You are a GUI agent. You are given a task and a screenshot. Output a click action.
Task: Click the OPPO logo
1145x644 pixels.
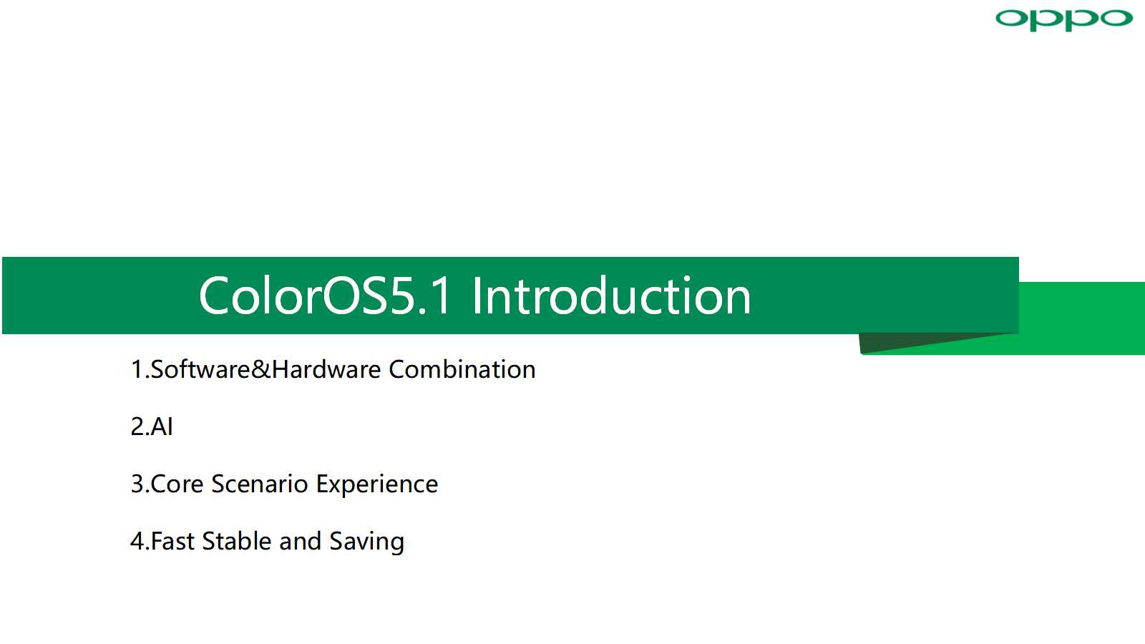(x=1063, y=20)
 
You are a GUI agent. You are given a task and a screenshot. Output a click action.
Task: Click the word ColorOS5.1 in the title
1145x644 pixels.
(x=325, y=296)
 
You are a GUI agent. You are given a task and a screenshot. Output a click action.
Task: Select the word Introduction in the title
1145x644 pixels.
(x=611, y=296)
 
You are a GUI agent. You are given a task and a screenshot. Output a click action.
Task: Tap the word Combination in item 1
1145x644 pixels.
(x=462, y=369)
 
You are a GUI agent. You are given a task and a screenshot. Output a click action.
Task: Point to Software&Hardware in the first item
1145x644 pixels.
(x=265, y=369)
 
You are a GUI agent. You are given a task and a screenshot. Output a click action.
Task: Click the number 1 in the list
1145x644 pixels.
(x=137, y=369)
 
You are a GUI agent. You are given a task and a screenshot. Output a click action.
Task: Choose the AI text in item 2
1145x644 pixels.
(x=162, y=426)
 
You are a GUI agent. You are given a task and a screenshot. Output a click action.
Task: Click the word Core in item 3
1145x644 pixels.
(x=177, y=484)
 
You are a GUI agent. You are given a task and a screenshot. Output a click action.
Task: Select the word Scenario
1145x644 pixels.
(x=260, y=484)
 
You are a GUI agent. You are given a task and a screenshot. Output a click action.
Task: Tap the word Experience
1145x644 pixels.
(x=377, y=485)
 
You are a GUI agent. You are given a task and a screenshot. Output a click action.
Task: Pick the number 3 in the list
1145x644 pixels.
(x=137, y=484)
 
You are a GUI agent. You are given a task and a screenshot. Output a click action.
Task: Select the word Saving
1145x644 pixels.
(x=367, y=542)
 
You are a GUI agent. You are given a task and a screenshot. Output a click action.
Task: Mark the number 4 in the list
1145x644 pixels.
(x=137, y=541)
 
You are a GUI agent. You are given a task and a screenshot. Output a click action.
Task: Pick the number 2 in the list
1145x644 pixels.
(x=137, y=426)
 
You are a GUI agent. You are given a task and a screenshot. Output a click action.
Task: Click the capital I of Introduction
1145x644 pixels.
(x=477, y=296)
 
